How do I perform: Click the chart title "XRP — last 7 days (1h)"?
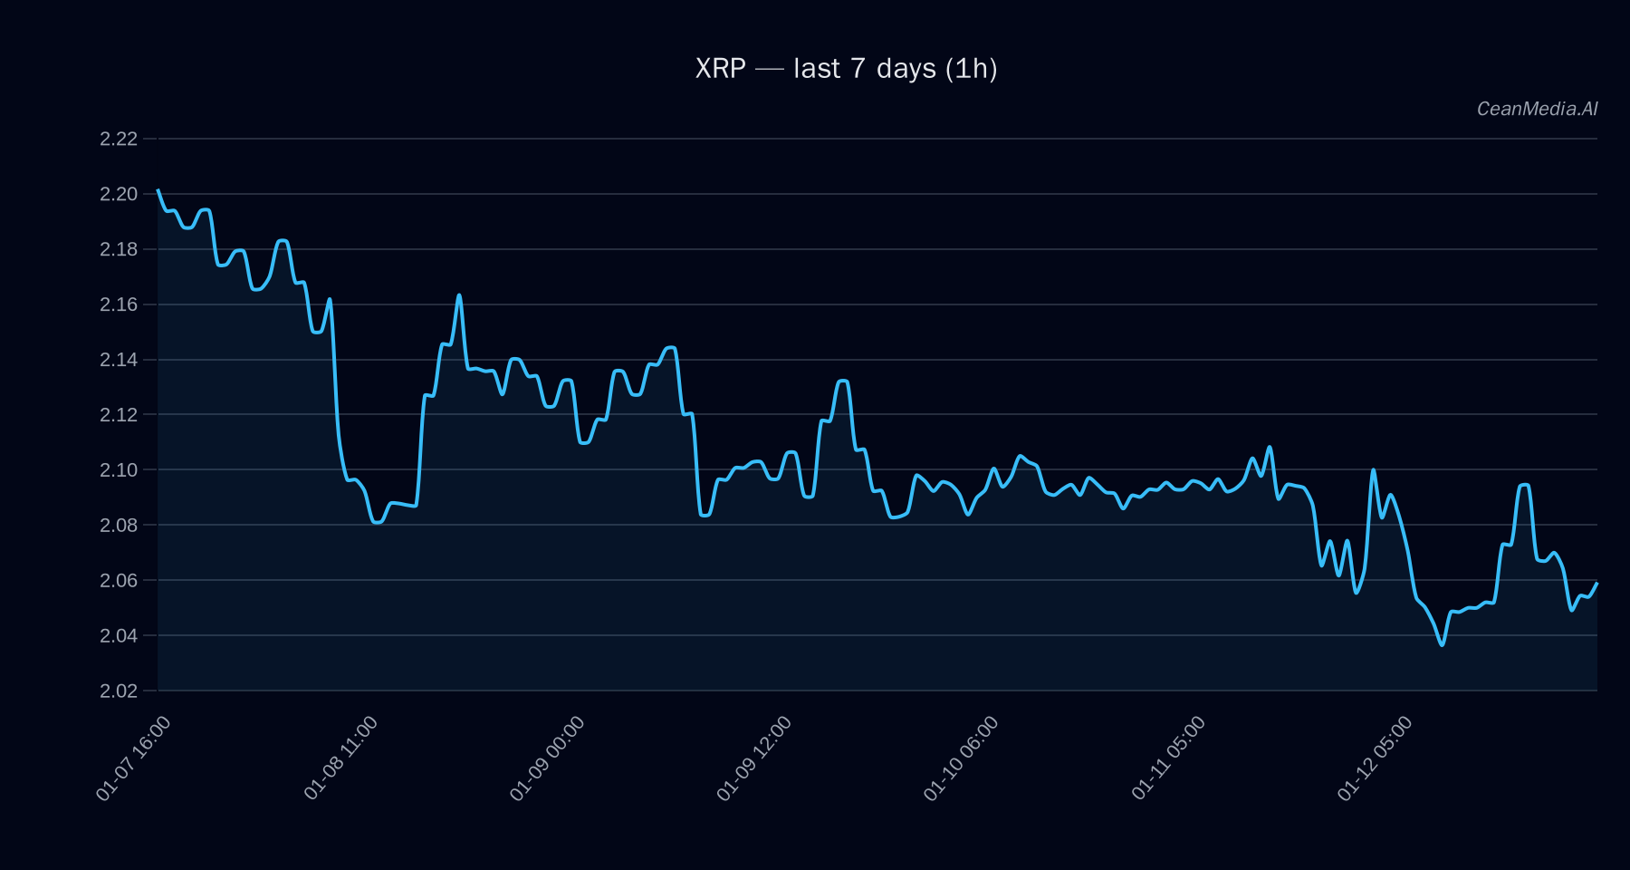(846, 69)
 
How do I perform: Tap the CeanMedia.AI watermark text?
(1537, 109)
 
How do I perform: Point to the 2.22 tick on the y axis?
(119, 139)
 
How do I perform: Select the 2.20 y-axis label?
(119, 194)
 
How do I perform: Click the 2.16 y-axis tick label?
(119, 304)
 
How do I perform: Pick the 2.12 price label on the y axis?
(119, 415)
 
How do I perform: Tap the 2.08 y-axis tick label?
(119, 525)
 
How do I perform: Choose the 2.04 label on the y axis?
(119, 635)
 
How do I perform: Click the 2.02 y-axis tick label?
(119, 691)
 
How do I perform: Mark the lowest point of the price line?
(1442, 645)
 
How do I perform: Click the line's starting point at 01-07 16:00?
(158, 190)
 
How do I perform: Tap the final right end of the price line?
(1596, 584)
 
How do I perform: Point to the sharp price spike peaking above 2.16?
(459, 295)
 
